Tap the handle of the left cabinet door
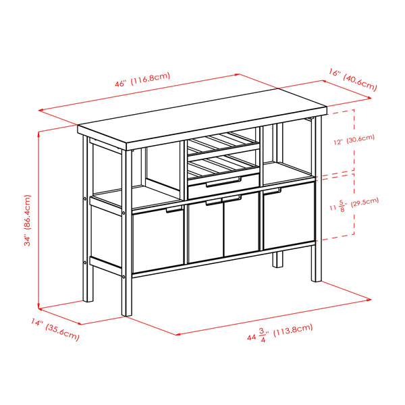point(173,211)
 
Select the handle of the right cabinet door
point(272,191)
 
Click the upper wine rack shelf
point(222,144)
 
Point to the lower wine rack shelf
point(222,164)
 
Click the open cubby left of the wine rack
point(162,169)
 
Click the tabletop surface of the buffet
point(202,122)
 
